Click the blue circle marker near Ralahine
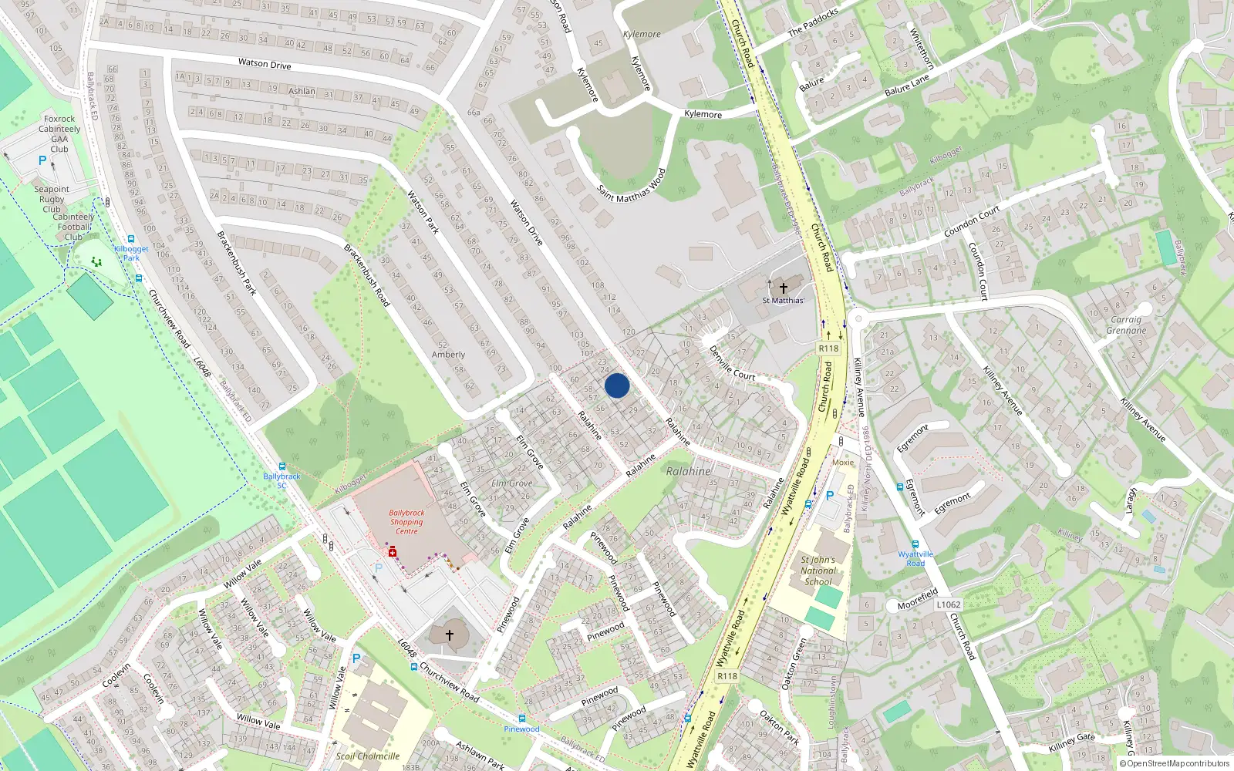tap(616, 385)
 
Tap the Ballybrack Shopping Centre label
tap(406, 522)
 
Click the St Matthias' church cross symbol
tap(783, 288)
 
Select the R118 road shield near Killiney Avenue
tap(828, 348)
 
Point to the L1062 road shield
tap(948, 604)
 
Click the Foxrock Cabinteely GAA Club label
tap(59, 134)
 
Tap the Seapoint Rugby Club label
tap(52, 199)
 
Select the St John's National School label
tap(818, 571)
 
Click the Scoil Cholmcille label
tap(368, 756)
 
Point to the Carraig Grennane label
tap(1126, 325)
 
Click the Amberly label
tap(448, 355)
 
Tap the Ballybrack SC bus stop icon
tap(282, 466)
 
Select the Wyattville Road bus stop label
tap(915, 558)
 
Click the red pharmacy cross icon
tap(393, 552)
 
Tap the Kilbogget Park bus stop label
tap(131, 253)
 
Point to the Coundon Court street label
tap(972, 221)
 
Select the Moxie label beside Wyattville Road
tap(843, 463)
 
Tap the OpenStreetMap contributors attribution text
tap(1175, 764)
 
